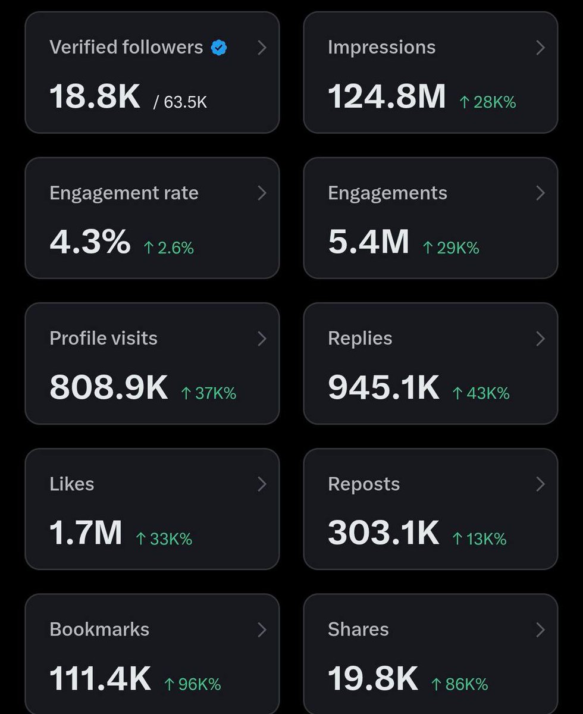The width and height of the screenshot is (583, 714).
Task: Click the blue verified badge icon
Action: point(219,48)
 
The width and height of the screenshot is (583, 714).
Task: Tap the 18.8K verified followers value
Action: point(95,96)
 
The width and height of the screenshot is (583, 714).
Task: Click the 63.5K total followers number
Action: point(185,102)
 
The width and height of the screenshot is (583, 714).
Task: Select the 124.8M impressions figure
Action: point(387,96)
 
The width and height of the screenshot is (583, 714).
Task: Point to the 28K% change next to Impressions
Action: point(488,102)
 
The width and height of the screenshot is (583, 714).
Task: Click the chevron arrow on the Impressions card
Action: point(540,48)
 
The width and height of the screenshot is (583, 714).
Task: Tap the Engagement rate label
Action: point(124,193)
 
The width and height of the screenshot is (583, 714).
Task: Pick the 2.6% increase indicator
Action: point(168,248)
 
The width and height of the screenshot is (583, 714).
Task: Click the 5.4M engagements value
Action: point(368,242)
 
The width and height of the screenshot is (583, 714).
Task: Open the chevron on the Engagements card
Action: point(540,193)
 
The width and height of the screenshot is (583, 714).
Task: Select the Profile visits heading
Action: point(104,338)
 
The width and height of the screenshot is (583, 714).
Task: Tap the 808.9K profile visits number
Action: point(109,387)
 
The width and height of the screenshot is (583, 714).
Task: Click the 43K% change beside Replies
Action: point(481,393)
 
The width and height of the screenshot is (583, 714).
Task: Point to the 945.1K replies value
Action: point(384,387)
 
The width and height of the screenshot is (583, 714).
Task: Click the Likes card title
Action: point(72,484)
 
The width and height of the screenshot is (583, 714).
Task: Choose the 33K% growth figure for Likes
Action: point(164,539)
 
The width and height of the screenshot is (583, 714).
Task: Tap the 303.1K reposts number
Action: point(384,533)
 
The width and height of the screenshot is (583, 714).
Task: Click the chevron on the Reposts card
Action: point(540,484)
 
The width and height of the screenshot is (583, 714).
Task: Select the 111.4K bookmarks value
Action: point(100,678)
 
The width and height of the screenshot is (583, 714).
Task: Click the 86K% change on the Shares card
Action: point(460,684)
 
